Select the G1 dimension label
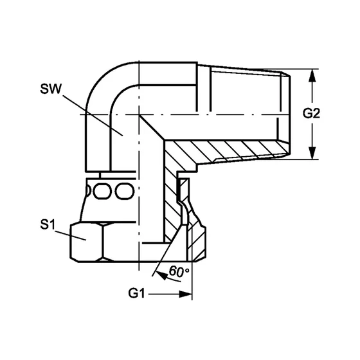pyautogui.click(x=137, y=295)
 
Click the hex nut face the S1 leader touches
pyautogui.click(x=84, y=242)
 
